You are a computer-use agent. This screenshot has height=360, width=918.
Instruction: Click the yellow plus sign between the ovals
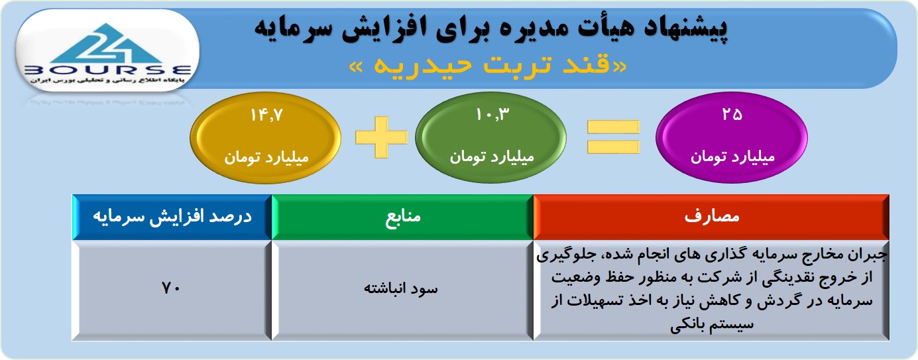tap(381, 137)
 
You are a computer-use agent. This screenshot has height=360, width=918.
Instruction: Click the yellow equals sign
tap(613, 137)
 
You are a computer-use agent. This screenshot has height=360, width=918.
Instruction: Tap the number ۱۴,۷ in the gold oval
tap(266, 115)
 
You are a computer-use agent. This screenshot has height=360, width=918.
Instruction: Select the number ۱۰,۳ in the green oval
tap(492, 115)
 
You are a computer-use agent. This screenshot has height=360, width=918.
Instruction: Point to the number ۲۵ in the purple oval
tap(732, 115)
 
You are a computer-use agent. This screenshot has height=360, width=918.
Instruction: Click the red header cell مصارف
tap(711, 217)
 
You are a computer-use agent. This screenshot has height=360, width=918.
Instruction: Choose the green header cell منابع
tap(402, 217)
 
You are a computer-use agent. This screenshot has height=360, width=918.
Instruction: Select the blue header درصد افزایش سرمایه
tap(172, 217)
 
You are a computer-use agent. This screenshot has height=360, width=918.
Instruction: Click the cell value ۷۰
tap(171, 288)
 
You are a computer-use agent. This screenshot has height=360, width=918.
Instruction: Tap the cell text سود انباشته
tap(401, 288)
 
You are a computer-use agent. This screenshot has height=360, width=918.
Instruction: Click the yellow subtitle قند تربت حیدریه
tap(488, 66)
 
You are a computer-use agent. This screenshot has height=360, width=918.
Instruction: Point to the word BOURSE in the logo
tap(108, 70)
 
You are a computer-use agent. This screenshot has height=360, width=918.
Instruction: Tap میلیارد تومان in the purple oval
tap(732, 156)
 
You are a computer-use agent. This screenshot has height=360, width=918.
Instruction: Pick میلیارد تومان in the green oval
tap(492, 156)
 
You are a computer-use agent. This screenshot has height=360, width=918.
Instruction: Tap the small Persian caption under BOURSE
tap(107, 81)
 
